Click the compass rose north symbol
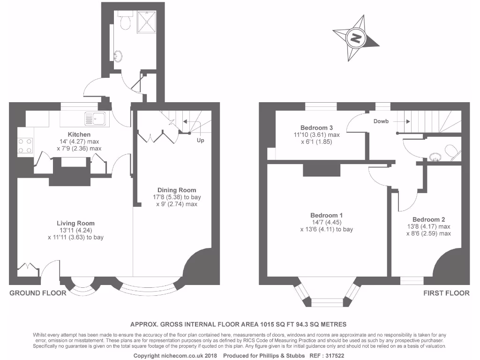356,38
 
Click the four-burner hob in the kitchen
25,145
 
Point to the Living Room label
76,223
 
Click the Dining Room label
177,190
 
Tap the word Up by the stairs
201,140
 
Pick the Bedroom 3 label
317,127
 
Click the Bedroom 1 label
326,215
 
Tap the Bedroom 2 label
428,219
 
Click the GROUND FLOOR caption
38,293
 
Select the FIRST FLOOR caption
446,293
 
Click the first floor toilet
451,151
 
